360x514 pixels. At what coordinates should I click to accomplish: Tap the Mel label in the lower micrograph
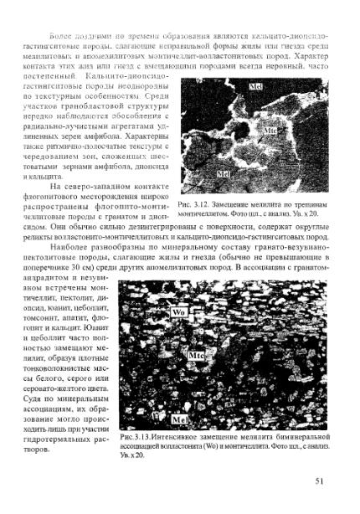click(180, 419)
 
